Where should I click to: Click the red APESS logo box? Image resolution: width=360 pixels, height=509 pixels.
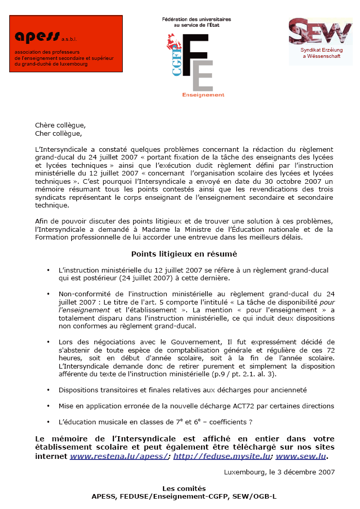[66, 43]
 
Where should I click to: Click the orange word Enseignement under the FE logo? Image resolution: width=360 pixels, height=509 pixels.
[203, 95]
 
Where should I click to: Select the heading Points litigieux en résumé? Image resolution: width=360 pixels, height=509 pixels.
[184, 254]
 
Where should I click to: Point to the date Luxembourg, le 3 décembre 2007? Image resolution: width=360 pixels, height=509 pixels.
[279, 471]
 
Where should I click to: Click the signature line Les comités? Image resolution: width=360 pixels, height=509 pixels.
[184, 488]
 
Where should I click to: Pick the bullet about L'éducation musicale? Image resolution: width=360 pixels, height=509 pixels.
[155, 422]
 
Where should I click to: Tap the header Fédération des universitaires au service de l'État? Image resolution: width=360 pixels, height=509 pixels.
[196, 22]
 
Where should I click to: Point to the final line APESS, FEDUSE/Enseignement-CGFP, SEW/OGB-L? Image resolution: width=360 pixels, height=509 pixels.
[184, 496]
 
